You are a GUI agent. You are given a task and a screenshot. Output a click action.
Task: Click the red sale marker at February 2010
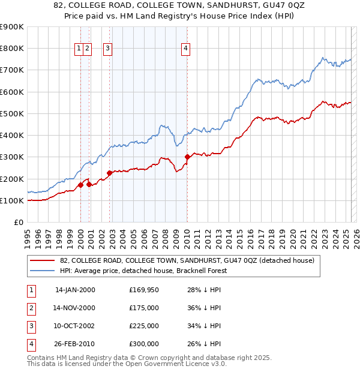pos(187,157)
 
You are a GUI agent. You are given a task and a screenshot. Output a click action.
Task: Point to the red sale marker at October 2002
pos(109,173)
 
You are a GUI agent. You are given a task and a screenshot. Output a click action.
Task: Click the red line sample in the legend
pos(43,260)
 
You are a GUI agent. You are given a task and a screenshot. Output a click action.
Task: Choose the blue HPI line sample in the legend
pos(43,271)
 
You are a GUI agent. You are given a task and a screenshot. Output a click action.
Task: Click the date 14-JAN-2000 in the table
pos(75,290)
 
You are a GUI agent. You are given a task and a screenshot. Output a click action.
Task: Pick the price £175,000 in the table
pos(144,308)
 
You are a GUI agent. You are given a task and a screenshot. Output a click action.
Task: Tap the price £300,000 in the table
pos(144,344)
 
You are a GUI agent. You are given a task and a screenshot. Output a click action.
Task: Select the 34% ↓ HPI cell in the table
pos(205,326)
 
